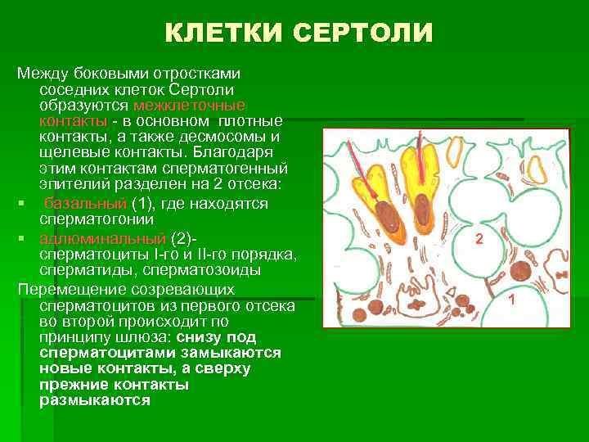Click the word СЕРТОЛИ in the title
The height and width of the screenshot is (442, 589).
(x=362, y=33)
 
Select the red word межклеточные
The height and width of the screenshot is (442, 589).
(x=187, y=106)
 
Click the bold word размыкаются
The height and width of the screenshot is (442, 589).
(x=94, y=400)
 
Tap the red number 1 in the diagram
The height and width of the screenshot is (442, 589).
(x=510, y=300)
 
